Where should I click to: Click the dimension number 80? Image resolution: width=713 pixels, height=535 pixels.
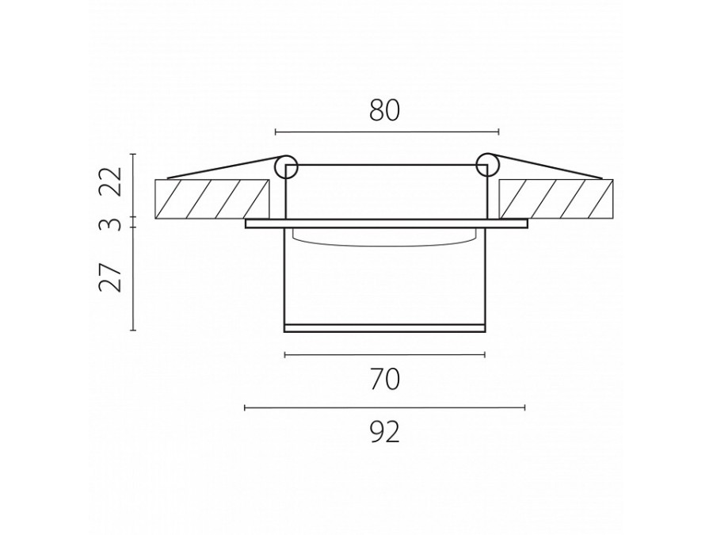[x=384, y=111]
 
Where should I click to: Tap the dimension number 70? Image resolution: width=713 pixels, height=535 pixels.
[x=385, y=380]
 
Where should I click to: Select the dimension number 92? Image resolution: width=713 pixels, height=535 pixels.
[x=385, y=432]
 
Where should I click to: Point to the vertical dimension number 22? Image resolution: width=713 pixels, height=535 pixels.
[x=112, y=182]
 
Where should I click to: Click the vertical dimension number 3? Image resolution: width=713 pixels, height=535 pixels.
[x=112, y=224]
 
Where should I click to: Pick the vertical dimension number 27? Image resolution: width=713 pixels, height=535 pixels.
[x=112, y=277]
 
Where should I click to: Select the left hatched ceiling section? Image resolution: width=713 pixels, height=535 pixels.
[x=212, y=199]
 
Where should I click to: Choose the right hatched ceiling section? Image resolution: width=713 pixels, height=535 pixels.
[x=555, y=199]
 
